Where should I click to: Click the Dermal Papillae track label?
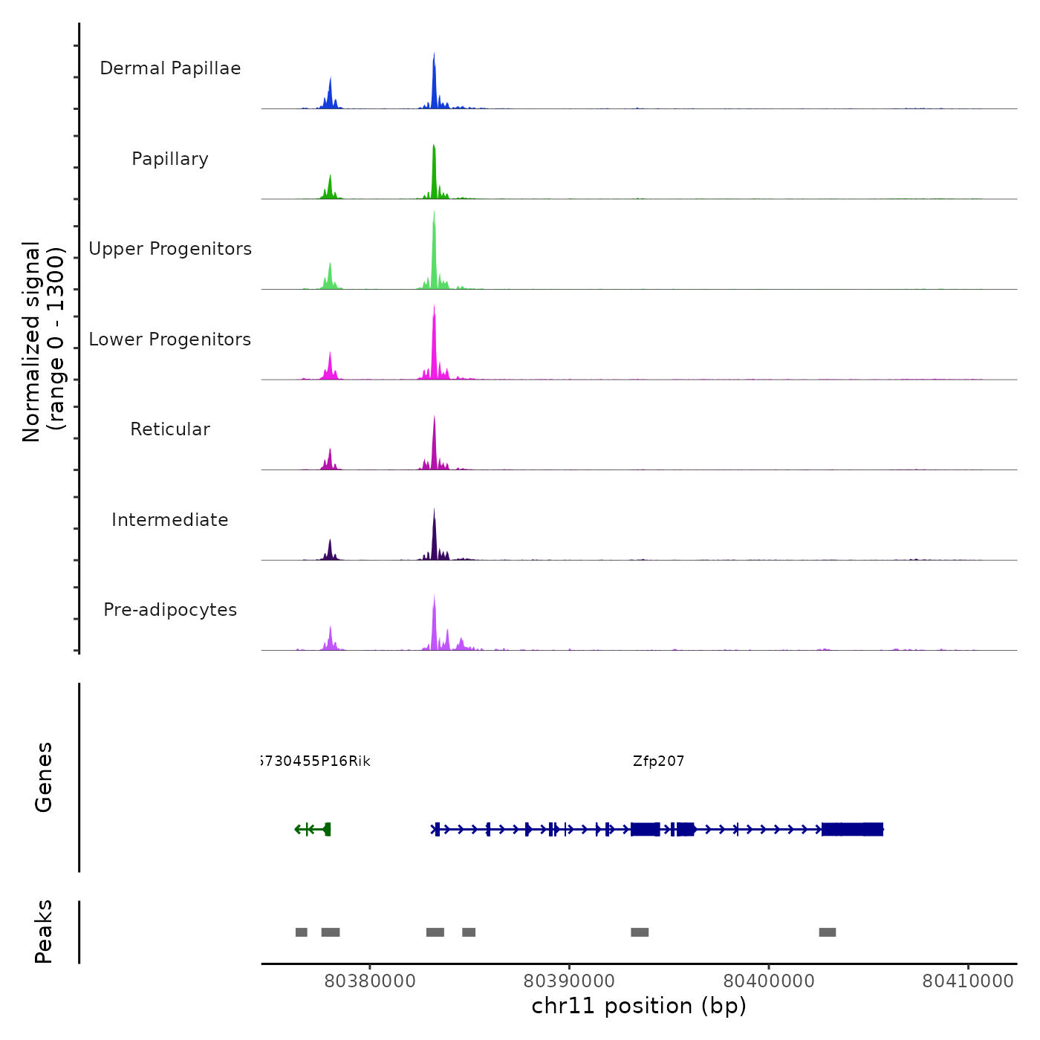tap(170, 68)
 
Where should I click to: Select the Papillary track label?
tap(170, 159)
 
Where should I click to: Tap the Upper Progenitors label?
tap(170, 249)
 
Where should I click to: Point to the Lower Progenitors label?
tap(170, 339)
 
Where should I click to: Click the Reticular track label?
tap(170, 429)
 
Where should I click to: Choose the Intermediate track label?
tap(170, 520)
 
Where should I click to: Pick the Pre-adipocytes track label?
tap(170, 610)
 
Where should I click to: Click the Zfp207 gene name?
tap(658, 761)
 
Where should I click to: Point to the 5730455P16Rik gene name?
tap(315, 761)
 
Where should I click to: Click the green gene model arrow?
tap(313, 829)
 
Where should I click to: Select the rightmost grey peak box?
tap(828, 932)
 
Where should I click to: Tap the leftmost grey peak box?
tap(301, 932)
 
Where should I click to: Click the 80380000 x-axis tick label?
tap(370, 981)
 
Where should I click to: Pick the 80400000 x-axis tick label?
tap(769, 981)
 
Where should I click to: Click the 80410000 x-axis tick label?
tap(968, 981)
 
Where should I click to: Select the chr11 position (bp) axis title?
tap(639, 1006)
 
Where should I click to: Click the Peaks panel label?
tap(44, 932)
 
